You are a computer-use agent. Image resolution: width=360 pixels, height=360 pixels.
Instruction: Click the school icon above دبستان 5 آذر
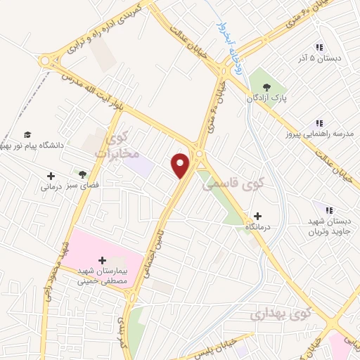pos(319,48)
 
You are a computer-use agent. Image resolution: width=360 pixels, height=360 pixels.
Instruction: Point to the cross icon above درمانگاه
pos(257,216)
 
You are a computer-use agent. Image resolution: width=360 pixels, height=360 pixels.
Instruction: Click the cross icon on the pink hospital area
pos(103,262)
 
